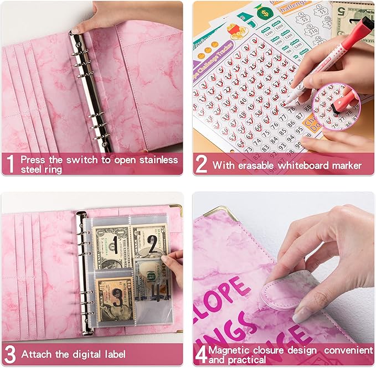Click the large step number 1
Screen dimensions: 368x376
click(x=9, y=164)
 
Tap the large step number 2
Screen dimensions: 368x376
click(x=202, y=165)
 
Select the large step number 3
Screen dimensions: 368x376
click(x=9, y=354)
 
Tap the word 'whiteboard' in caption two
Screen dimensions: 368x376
click(x=301, y=165)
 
